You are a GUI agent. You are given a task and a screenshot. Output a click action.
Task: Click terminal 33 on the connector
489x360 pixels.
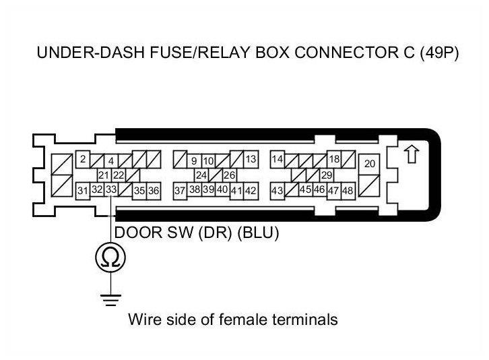click(x=112, y=190)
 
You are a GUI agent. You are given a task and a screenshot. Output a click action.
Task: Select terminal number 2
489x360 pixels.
click(x=82, y=160)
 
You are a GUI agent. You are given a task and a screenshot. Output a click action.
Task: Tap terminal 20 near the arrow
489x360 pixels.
click(x=370, y=164)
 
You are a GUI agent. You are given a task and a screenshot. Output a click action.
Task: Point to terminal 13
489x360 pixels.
click(x=251, y=160)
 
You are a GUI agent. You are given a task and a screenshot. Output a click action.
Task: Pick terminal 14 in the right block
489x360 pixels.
click(x=277, y=160)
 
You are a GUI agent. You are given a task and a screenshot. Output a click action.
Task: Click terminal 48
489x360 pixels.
click(x=348, y=191)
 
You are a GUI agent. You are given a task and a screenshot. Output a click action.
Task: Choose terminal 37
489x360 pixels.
click(x=180, y=191)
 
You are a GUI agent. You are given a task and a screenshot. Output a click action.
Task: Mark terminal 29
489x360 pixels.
click(x=327, y=175)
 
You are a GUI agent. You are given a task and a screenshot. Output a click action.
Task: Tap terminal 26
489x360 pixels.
click(x=229, y=175)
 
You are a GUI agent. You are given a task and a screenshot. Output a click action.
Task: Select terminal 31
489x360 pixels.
click(x=82, y=191)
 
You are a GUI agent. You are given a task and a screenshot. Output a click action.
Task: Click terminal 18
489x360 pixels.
click(x=333, y=160)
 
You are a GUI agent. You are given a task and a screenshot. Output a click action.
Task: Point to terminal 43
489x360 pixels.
click(x=277, y=191)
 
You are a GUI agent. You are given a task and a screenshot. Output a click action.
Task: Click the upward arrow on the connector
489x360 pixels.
click(x=410, y=155)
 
